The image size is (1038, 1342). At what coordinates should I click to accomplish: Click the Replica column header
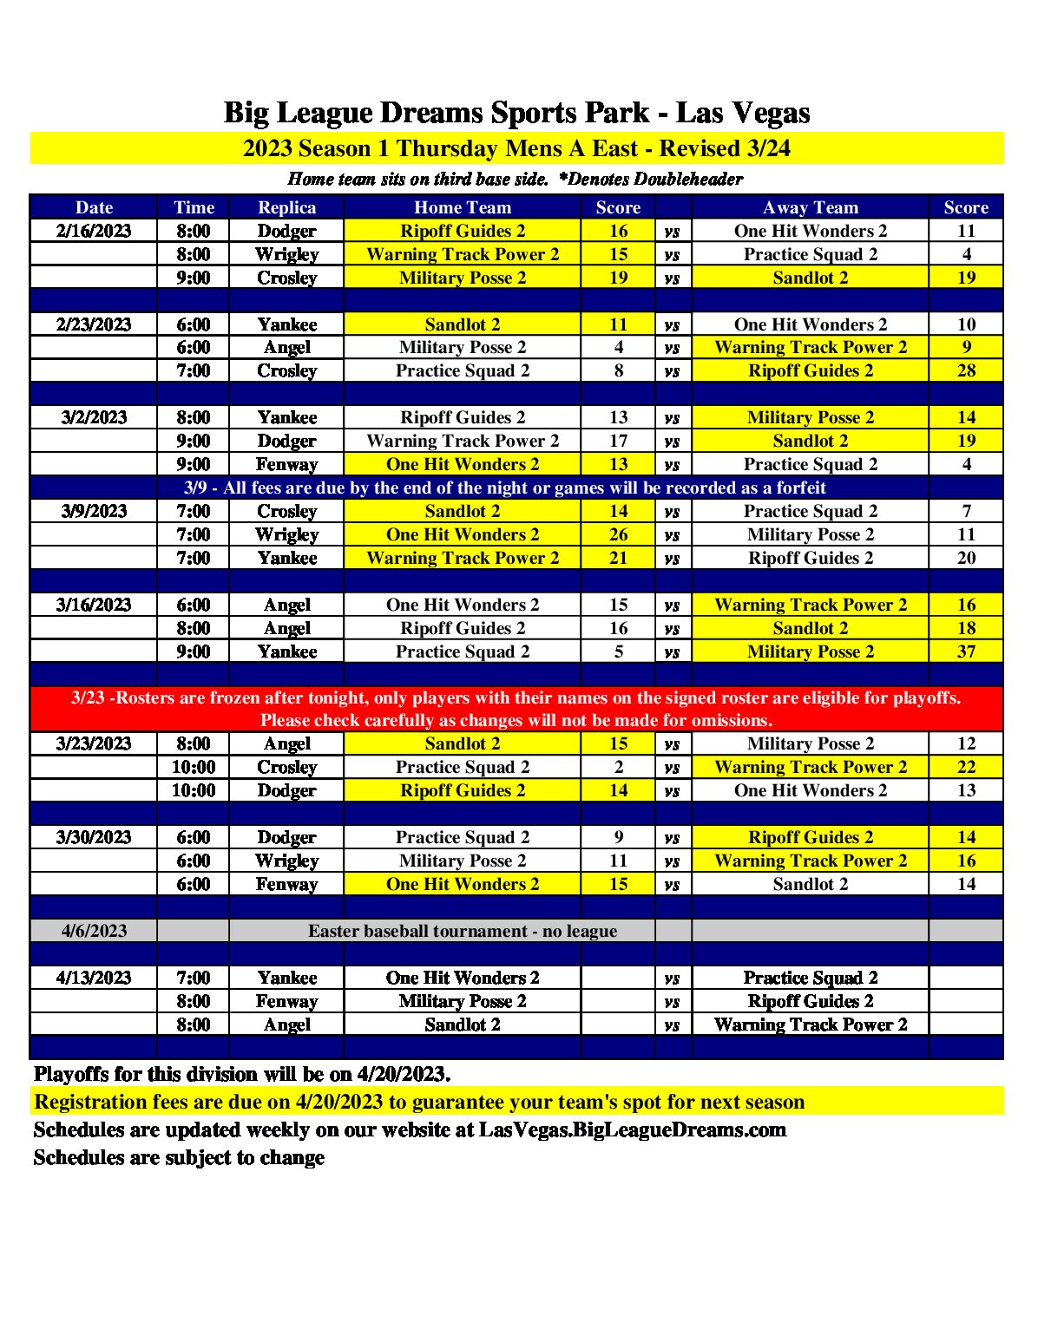click(x=286, y=207)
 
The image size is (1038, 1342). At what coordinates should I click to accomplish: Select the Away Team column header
click(x=810, y=207)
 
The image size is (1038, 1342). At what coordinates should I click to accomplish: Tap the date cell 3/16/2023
click(x=94, y=605)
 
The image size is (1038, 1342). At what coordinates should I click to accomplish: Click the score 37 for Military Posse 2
click(x=966, y=651)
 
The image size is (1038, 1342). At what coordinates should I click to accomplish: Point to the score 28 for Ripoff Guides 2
click(x=966, y=370)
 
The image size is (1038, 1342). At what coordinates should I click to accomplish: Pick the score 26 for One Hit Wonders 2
click(x=618, y=534)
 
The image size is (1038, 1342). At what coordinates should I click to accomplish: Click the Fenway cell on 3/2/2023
click(x=286, y=464)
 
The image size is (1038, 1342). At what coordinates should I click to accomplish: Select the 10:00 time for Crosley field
click(x=193, y=767)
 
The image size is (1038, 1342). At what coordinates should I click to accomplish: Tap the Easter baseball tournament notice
click(x=463, y=931)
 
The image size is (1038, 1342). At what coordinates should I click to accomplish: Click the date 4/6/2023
click(x=94, y=931)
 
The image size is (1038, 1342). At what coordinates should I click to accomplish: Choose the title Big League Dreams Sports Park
click(x=516, y=113)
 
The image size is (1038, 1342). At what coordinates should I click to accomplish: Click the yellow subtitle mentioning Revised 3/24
click(x=516, y=148)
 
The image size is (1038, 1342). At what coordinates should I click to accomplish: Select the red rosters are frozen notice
click(x=516, y=709)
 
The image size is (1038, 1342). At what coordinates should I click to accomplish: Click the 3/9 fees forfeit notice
click(x=504, y=488)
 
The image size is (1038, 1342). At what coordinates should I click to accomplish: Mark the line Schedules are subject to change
click(x=179, y=1157)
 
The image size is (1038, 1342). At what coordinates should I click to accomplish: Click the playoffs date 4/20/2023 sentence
click(x=242, y=1074)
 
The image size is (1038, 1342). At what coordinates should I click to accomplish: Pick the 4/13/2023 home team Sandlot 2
click(x=463, y=1025)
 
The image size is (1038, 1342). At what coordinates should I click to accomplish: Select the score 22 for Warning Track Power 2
click(x=966, y=767)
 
